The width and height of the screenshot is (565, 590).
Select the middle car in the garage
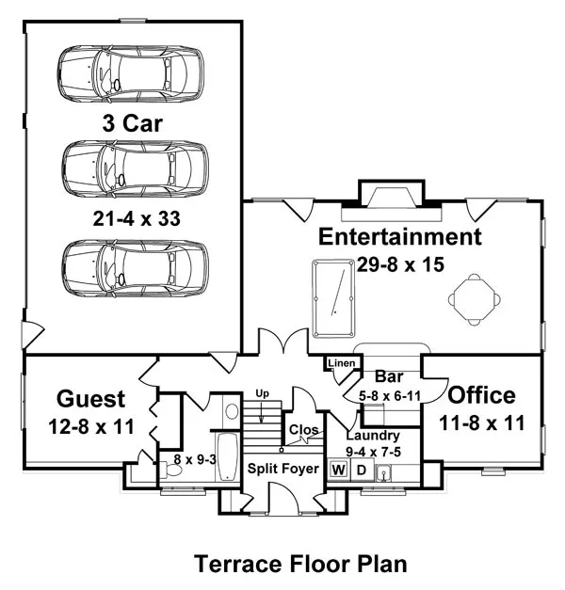pyautogui.click(x=135, y=168)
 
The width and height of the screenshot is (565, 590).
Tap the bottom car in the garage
pyautogui.click(x=134, y=266)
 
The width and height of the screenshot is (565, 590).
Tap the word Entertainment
pyautogui.click(x=399, y=236)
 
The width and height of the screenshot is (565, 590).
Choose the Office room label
pyautogui.click(x=481, y=396)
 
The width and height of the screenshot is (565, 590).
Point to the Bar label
pyautogui.click(x=389, y=378)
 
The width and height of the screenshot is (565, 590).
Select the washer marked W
pyautogui.click(x=337, y=469)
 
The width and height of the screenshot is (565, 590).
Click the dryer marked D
pyautogui.click(x=359, y=469)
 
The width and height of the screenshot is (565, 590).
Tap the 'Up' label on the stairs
pyautogui.click(x=263, y=393)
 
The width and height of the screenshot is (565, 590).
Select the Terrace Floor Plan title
pyautogui.click(x=300, y=564)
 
